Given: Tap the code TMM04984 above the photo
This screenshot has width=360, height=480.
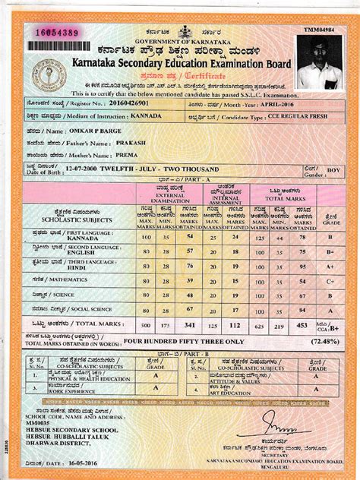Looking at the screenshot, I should click(x=318, y=29).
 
